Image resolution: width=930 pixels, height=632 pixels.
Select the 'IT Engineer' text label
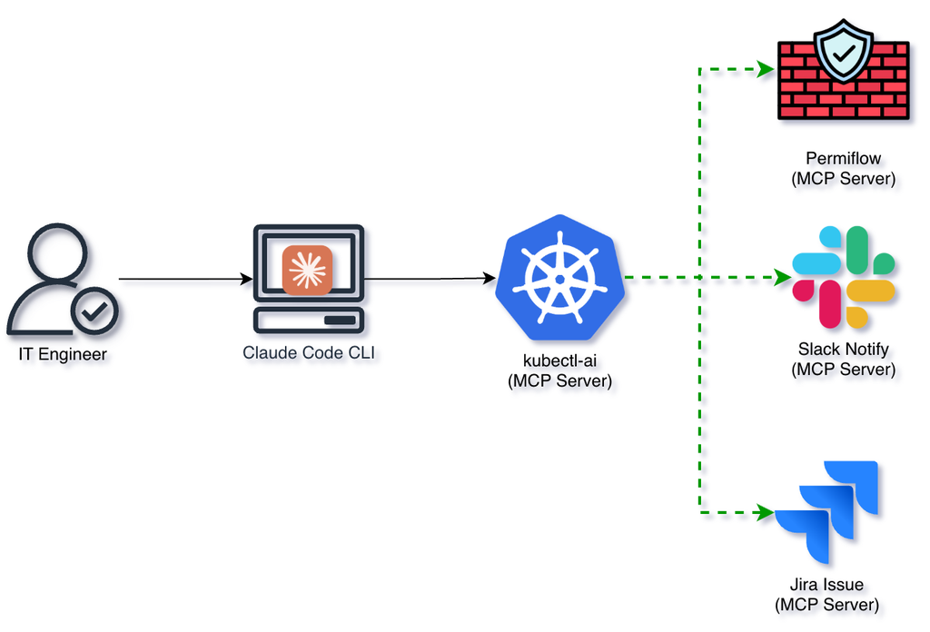(x=63, y=354)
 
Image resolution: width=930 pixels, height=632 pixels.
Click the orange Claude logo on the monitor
(x=307, y=271)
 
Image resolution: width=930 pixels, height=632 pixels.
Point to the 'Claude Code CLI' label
(x=309, y=353)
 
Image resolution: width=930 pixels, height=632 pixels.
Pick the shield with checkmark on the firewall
(x=843, y=53)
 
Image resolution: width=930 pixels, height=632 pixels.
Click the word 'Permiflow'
(x=843, y=159)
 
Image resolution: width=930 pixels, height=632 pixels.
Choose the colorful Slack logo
(x=843, y=277)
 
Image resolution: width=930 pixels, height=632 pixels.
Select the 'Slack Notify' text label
(x=843, y=349)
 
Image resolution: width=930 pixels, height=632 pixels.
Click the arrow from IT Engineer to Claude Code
(x=182, y=279)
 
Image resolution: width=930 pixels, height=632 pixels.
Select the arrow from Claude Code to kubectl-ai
(x=427, y=279)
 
